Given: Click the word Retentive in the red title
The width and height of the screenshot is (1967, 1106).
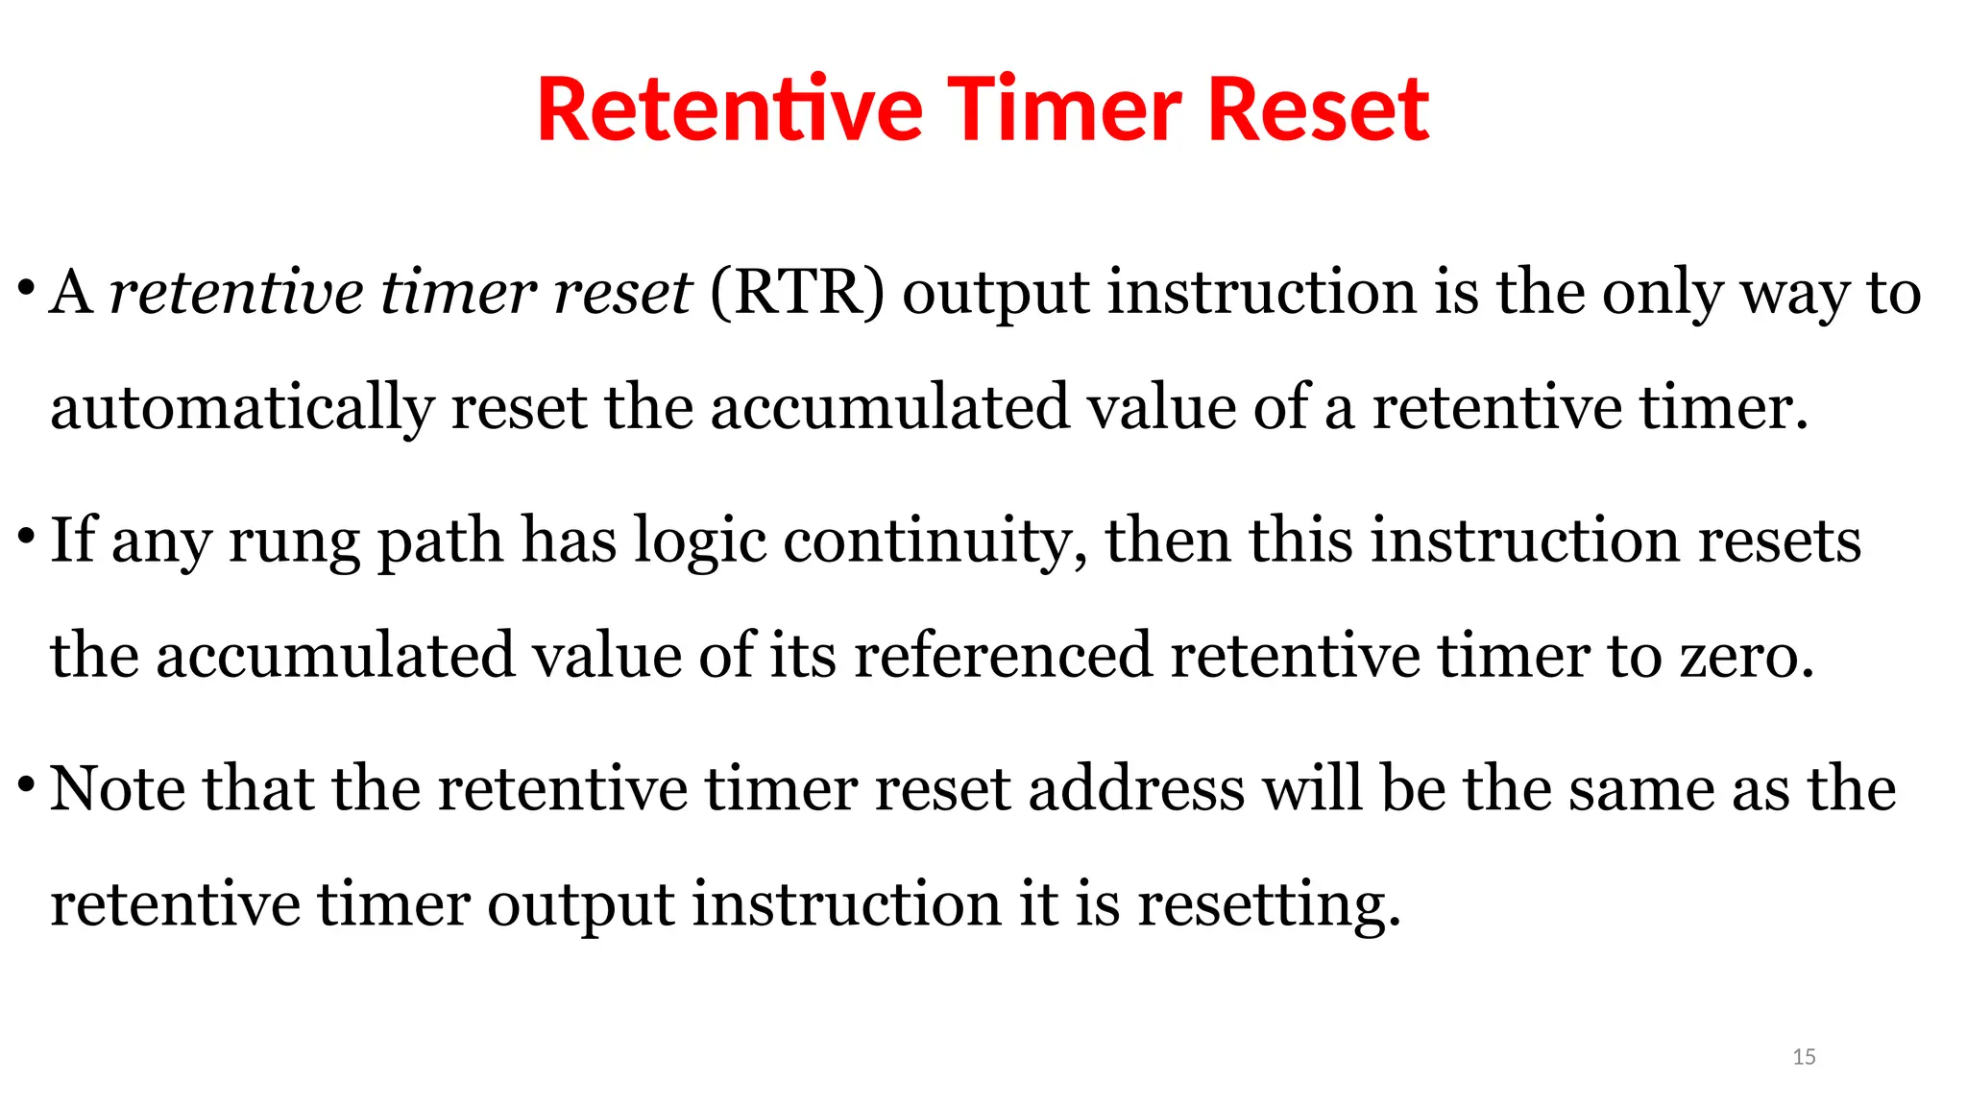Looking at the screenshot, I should pyautogui.click(x=729, y=109).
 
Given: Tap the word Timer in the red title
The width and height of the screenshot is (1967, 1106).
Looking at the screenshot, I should pyautogui.click(x=1065, y=109).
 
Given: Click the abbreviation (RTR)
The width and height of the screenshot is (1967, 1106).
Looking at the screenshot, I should pyautogui.click(x=796, y=292).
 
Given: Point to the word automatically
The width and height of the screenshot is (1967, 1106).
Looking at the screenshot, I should pyautogui.click(x=241, y=407).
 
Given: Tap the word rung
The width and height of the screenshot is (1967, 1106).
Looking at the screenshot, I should pyautogui.click(x=294, y=541).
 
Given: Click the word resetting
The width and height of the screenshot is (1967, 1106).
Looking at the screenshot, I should pyautogui.click(x=1269, y=905).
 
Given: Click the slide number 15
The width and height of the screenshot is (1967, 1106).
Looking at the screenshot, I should pyautogui.click(x=1804, y=1057).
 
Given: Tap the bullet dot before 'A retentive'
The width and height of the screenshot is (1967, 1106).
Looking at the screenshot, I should pyautogui.click(x=26, y=288).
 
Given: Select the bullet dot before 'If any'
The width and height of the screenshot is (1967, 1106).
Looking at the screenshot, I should pyautogui.click(x=26, y=536).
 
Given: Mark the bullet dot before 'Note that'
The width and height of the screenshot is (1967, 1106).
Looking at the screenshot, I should pyautogui.click(x=26, y=785).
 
